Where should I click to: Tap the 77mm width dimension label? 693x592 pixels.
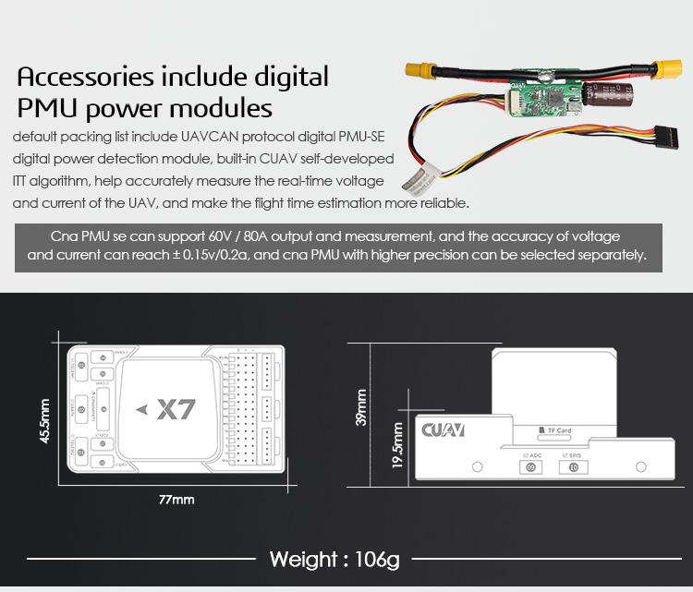click(176, 500)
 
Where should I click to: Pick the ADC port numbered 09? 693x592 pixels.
click(530, 466)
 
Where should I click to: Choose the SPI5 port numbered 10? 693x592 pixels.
click(573, 466)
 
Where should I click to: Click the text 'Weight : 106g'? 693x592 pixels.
click(333, 560)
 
